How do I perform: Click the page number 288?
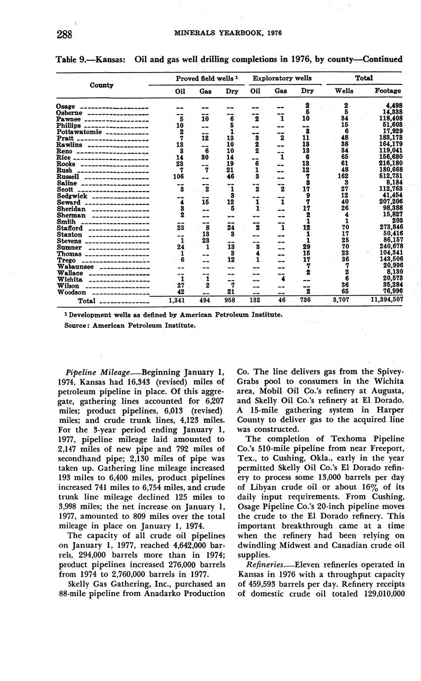coord(65,34)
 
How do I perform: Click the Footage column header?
coord(388,91)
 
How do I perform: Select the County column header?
coord(102,85)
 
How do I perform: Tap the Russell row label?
coord(69,177)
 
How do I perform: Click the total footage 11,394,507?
coord(387,299)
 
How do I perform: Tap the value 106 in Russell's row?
coord(179,177)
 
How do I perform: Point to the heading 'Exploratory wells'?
coord(282,78)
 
